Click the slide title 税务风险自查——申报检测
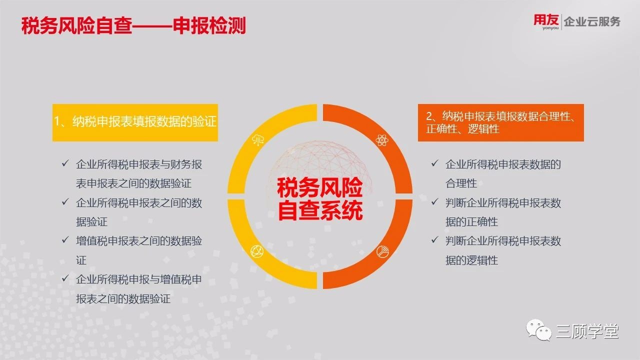(x=133, y=25)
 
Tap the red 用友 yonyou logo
(x=546, y=22)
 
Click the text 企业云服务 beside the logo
(x=592, y=21)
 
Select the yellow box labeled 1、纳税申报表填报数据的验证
(x=135, y=122)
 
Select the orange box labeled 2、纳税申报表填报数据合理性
(x=501, y=122)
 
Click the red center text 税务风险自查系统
(x=320, y=199)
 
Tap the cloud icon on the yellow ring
(x=257, y=140)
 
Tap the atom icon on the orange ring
(x=382, y=140)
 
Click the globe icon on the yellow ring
(x=257, y=251)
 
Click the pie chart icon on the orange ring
(x=382, y=251)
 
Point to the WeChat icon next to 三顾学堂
(x=539, y=330)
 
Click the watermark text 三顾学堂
(x=587, y=331)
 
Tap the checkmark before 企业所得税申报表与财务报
(x=65, y=163)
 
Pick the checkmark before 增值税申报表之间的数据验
(x=65, y=240)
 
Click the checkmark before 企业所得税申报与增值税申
(x=65, y=278)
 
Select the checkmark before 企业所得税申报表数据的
(x=435, y=163)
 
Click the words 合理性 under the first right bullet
(x=461, y=183)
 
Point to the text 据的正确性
(x=471, y=221)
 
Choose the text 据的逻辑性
(x=471, y=260)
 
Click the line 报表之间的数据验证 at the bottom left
(x=123, y=299)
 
